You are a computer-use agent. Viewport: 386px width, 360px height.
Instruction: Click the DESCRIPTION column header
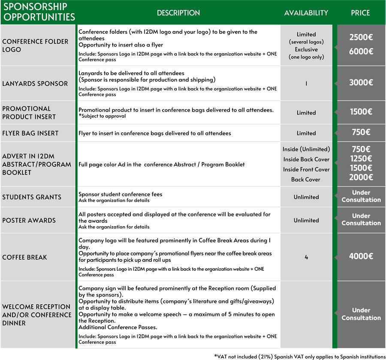point(178,13)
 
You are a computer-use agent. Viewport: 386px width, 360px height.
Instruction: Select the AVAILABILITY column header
point(306,13)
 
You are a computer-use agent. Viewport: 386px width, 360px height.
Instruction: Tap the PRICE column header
point(360,13)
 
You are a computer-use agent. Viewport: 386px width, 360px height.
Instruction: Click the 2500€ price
point(361,37)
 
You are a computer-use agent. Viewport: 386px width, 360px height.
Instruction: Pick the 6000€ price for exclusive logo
point(361,51)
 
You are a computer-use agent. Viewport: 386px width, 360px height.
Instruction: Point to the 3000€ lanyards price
point(361,83)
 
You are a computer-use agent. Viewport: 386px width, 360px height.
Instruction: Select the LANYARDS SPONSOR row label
point(35,83)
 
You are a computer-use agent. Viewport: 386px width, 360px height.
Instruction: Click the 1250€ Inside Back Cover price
point(361,159)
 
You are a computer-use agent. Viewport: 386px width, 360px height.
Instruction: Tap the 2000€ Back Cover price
point(361,177)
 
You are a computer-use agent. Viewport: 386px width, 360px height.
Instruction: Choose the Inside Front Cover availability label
point(306,169)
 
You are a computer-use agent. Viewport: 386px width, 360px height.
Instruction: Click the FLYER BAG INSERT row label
point(30,133)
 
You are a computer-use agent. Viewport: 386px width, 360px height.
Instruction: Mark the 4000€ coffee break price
point(361,256)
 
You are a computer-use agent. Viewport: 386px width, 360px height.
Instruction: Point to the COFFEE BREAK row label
point(25,257)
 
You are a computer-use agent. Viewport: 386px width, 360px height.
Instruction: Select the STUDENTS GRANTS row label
point(32,197)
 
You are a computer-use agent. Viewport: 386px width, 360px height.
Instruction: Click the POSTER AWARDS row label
point(29,220)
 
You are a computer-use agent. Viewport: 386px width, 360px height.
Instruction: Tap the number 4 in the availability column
point(306,257)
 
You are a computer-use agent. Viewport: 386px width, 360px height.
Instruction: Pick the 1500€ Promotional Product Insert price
point(361,112)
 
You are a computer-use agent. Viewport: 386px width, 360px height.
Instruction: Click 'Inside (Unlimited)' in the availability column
point(306,149)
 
